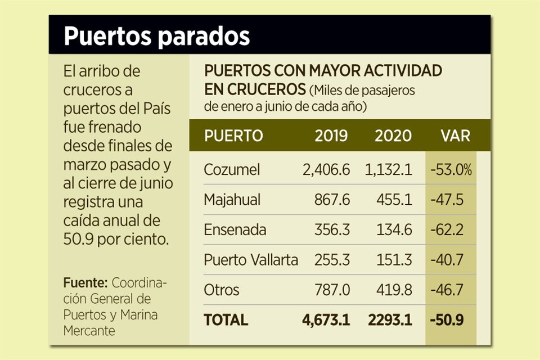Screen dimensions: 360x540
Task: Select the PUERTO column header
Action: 233,136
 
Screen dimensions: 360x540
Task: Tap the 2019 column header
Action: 331,136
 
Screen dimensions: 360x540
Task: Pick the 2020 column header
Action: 393,136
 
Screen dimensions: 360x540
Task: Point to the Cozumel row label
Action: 232,170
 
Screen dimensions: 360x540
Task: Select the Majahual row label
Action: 234,200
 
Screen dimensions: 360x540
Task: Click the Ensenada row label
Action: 235,230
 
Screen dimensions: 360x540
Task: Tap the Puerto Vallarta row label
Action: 251,260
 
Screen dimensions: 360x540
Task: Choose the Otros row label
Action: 222,290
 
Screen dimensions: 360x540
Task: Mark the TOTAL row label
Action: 226,320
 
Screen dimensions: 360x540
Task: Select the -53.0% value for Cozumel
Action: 451,170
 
